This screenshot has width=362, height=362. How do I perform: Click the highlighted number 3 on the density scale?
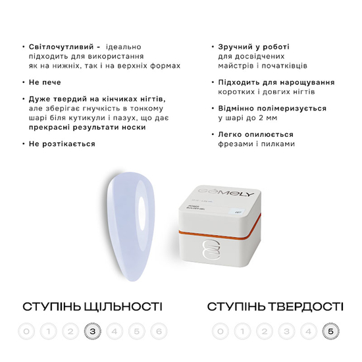tap(92, 331)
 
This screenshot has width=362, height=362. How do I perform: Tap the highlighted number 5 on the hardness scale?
tap(330, 331)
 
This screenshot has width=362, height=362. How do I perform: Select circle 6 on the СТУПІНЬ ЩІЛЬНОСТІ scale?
tap(159, 331)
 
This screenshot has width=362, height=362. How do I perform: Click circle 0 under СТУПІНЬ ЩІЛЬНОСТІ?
tap(26, 331)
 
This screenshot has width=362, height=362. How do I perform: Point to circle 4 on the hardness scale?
tap(307, 331)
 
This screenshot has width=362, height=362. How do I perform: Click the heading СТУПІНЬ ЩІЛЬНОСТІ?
tap(92, 307)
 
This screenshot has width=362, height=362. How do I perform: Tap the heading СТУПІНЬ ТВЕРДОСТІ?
tap(274, 307)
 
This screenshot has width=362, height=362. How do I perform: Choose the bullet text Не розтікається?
tap(62, 143)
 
